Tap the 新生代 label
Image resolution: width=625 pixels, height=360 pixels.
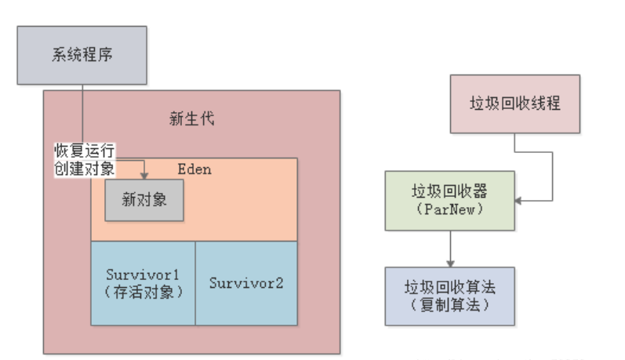tap(191, 119)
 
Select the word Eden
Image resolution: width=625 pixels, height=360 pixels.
tap(194, 169)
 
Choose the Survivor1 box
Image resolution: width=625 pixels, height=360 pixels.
tap(143, 283)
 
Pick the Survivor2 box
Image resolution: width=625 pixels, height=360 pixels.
tap(246, 283)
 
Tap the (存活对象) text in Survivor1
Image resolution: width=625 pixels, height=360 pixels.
tap(143, 293)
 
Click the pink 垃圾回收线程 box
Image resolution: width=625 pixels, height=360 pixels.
tap(514, 104)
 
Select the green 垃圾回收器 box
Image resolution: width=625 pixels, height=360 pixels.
tap(449, 200)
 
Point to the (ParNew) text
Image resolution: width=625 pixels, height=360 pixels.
tap(449, 209)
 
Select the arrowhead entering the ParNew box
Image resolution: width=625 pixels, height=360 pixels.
tap(520, 200)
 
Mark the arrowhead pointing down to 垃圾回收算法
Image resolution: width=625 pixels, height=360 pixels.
tap(449, 263)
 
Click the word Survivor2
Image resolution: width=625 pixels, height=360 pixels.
tap(246, 283)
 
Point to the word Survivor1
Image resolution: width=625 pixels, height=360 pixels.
tap(143, 275)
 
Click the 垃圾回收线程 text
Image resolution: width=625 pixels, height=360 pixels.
tap(514, 104)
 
